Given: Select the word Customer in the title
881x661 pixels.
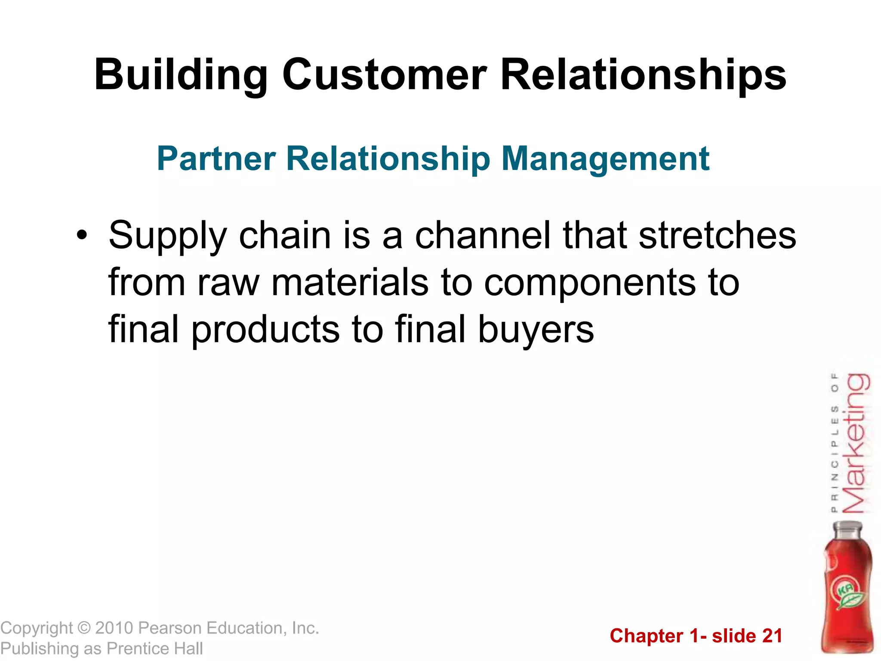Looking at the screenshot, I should point(384,75).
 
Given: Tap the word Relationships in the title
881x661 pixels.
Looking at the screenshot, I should point(643,76).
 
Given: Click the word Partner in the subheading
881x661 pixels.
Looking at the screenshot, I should point(216,159).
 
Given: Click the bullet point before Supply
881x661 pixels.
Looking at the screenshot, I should point(82,236).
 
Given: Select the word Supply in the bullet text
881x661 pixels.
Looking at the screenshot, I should point(167,236).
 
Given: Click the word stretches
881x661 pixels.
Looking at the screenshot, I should point(717,235).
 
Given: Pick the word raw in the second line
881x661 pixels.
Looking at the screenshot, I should point(228,283).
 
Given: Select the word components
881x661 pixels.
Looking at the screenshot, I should point(589,284).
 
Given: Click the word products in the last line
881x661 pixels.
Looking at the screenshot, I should point(265,330).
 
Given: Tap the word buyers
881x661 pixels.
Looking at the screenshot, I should point(536,330).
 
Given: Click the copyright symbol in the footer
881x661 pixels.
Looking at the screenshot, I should point(84,628).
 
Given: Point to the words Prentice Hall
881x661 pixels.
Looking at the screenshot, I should point(154,649).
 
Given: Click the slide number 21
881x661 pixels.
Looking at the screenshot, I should point(772,636).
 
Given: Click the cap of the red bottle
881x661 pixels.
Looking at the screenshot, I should point(847,528).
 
